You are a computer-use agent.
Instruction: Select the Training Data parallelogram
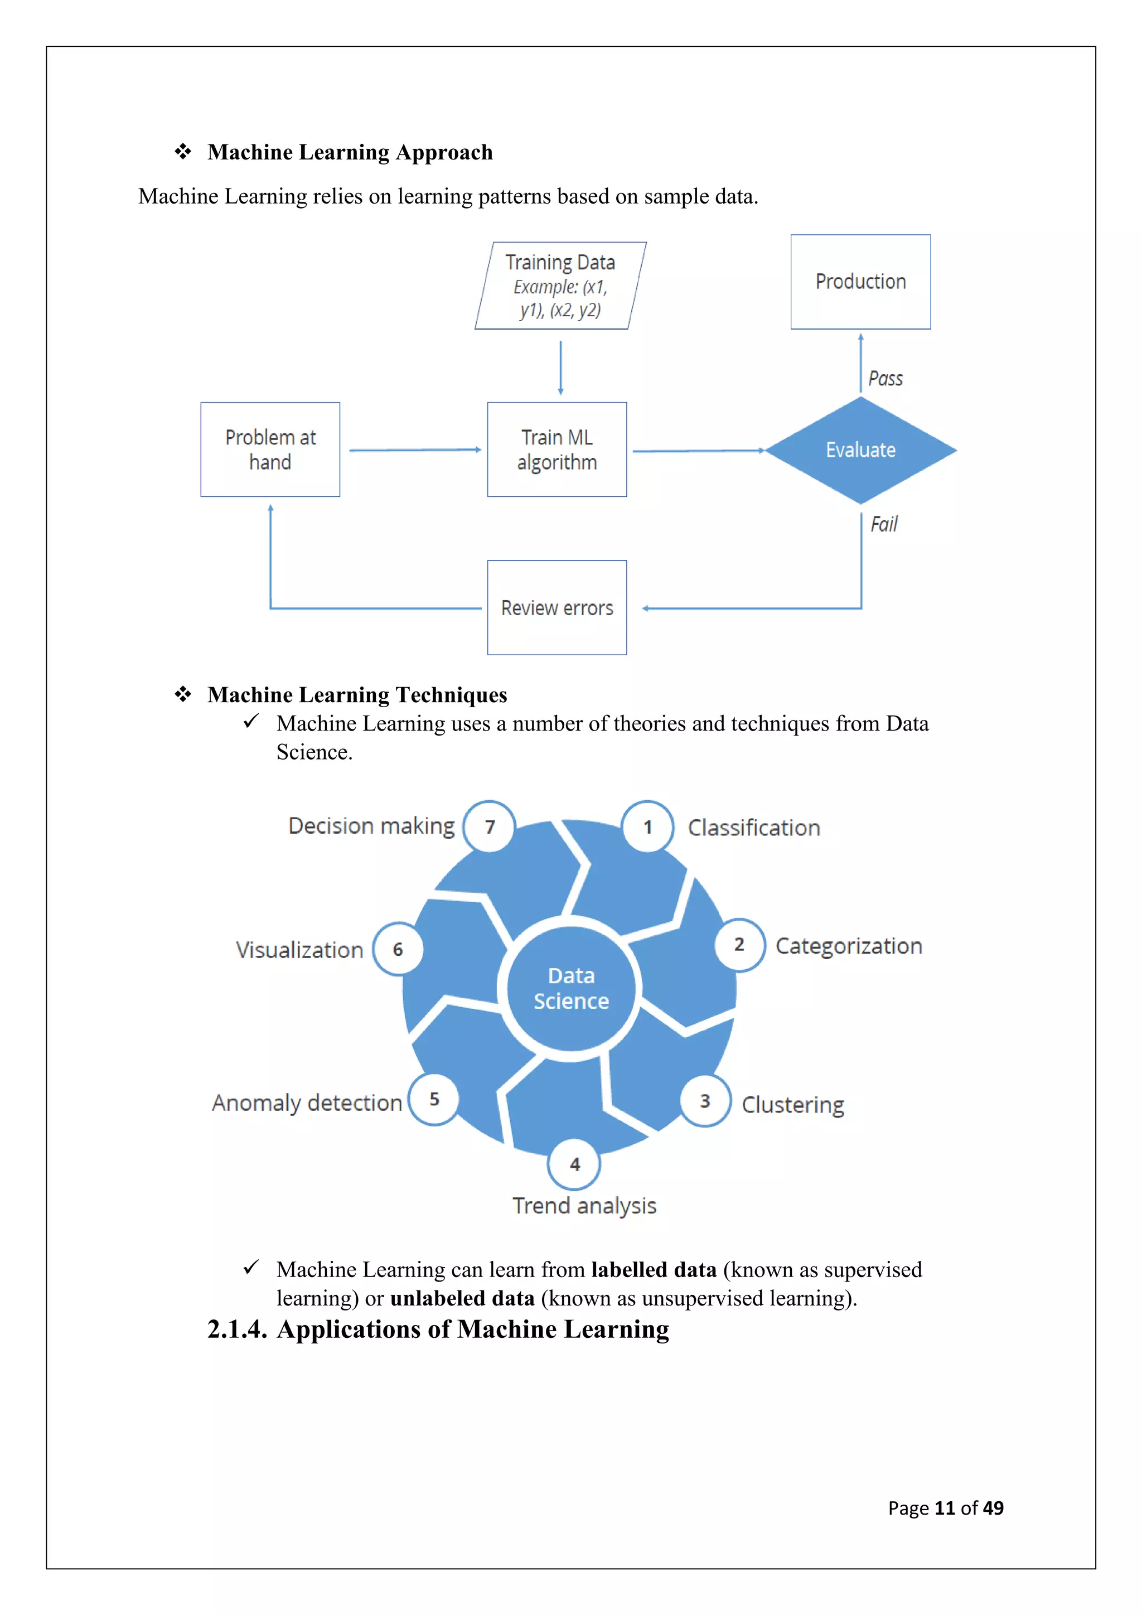pos(560,286)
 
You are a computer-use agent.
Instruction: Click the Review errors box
pos(557,608)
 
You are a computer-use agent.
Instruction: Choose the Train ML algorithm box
pos(557,449)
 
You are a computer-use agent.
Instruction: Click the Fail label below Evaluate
pos(883,525)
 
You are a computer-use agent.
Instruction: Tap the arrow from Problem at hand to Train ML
pos(415,450)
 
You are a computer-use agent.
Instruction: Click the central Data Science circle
pos(570,988)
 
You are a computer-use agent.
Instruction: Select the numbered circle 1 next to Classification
pos(647,827)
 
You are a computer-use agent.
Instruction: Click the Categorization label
pos(848,946)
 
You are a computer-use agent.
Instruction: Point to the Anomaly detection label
pos(307,1103)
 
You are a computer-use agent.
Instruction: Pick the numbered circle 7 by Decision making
pos(490,826)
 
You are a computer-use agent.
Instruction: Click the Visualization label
pos(299,950)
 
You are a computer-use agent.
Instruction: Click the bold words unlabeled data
pos(462,1298)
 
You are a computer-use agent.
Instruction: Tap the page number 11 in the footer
pos(945,1508)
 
